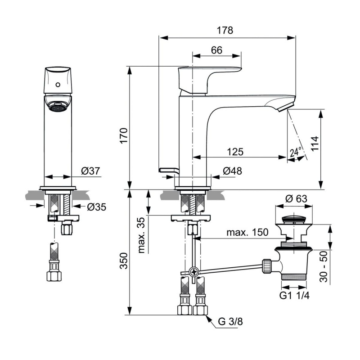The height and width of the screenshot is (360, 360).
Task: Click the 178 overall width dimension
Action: click(225, 31)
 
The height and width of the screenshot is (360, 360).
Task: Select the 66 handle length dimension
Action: click(217, 50)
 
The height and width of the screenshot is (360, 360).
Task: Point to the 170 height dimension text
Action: click(124, 136)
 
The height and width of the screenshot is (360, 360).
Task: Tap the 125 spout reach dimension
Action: click(235, 152)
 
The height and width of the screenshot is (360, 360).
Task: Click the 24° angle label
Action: click(296, 152)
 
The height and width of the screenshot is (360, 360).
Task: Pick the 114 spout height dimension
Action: click(315, 144)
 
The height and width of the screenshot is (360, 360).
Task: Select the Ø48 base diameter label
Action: click(233, 171)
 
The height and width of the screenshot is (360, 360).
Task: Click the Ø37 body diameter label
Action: click(91, 171)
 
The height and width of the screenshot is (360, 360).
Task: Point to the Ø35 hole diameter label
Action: click(97, 207)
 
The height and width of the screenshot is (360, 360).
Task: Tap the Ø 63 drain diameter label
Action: click(296, 199)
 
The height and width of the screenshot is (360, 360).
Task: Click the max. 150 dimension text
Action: click(247, 232)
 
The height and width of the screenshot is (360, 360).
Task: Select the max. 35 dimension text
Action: click(142, 235)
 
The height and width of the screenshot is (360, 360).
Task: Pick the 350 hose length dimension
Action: click(124, 261)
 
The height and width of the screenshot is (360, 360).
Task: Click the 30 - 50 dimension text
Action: click(323, 266)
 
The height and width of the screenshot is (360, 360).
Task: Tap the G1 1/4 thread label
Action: click(294, 296)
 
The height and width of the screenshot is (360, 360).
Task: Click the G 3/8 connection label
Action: click(230, 322)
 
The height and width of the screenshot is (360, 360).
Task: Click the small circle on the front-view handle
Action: click(58, 85)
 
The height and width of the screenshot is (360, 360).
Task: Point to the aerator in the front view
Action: click(58, 107)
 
